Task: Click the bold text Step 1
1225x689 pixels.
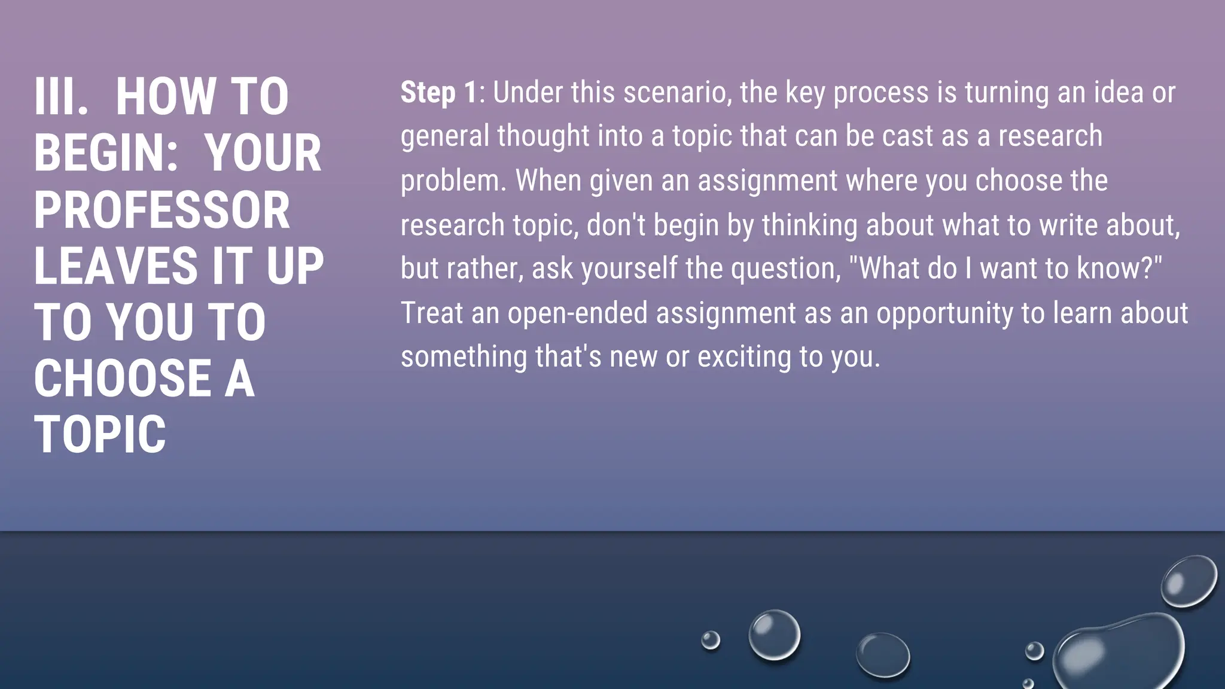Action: [438, 93]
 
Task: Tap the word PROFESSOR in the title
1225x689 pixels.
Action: [162, 210]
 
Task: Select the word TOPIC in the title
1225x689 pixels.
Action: [100, 435]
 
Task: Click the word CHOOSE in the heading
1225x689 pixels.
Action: [123, 379]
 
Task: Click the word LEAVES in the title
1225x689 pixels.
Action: [115, 266]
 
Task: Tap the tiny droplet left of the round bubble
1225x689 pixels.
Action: [711, 640]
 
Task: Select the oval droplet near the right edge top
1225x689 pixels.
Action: [1189, 581]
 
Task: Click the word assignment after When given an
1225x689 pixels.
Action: [767, 181]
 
